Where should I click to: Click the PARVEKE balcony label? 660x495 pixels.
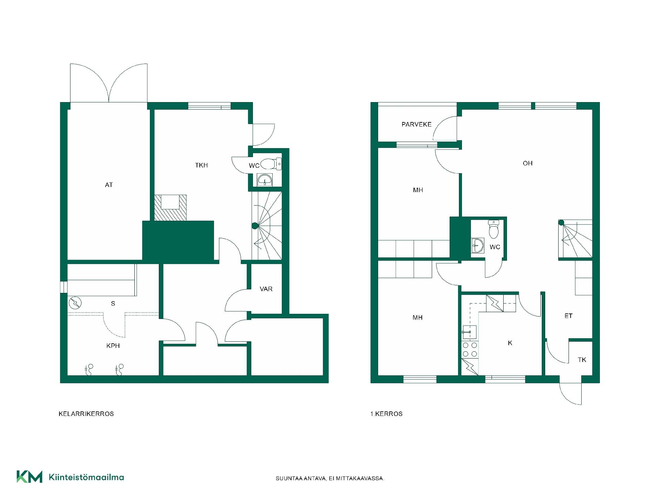[416, 124]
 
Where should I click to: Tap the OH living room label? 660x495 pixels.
[528, 163]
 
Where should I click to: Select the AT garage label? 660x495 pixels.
[109, 185]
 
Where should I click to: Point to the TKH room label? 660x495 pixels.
[201, 165]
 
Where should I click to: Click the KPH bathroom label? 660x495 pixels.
[113, 346]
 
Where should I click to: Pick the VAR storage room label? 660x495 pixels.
[266, 289]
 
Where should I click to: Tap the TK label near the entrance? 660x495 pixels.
[582, 360]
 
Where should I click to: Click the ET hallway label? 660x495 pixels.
[569, 316]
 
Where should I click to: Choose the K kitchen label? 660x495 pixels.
[510, 343]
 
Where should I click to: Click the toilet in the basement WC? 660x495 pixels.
[271, 164]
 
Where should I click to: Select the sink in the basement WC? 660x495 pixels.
[265, 179]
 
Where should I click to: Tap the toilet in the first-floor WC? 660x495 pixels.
[494, 229]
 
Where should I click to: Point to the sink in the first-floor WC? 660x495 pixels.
[478, 245]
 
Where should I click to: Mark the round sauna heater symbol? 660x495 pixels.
[75, 303]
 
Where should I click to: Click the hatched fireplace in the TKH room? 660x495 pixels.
[170, 208]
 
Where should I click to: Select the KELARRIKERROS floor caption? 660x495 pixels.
[86, 414]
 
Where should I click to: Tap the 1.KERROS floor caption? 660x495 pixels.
[386, 414]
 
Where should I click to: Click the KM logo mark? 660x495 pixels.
[30, 477]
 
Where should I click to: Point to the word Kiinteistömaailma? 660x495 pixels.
[87, 477]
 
